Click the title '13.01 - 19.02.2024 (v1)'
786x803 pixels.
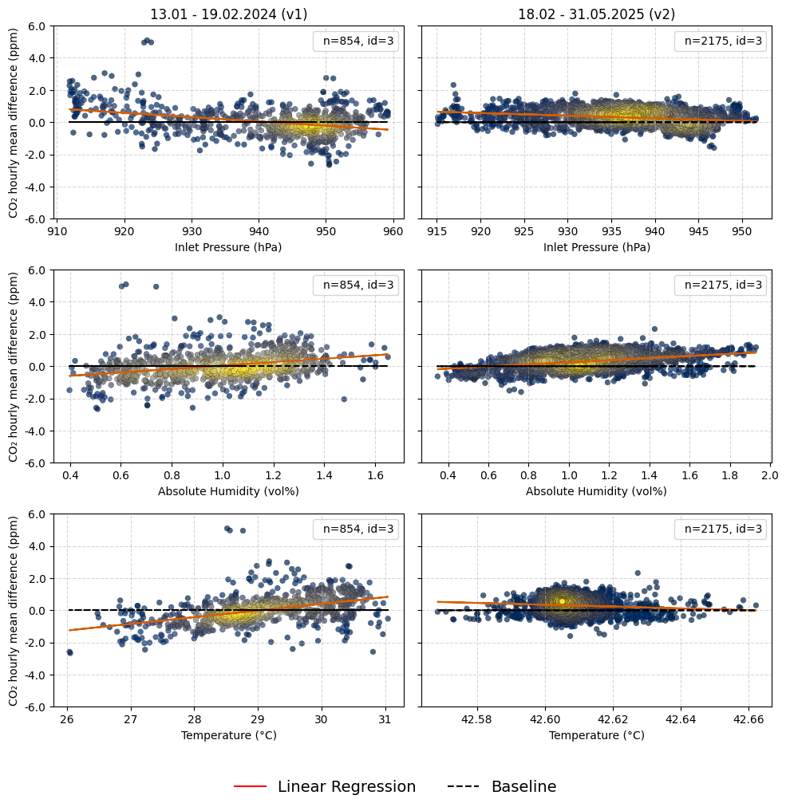point(228,14)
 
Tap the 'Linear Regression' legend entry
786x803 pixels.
point(325,787)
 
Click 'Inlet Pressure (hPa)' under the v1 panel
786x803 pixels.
point(228,247)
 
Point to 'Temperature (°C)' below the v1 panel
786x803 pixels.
point(228,735)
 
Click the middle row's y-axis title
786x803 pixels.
point(14,366)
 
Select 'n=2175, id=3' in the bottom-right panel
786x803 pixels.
point(721,529)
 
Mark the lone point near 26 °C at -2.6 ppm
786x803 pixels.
point(69,652)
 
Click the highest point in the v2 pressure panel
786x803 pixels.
point(453,85)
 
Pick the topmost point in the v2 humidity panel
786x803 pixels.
point(654,329)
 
